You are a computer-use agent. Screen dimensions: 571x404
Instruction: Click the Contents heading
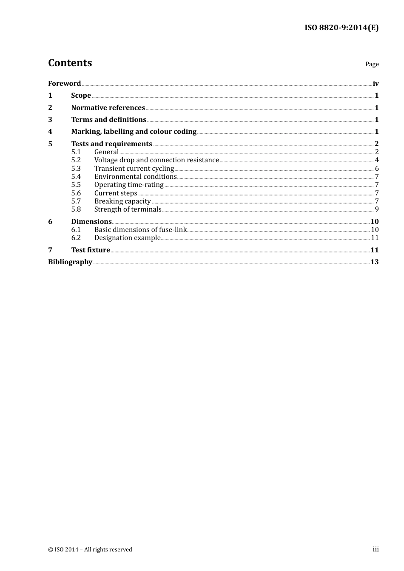click(x=70, y=63)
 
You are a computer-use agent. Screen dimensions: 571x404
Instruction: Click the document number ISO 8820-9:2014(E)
click(x=341, y=28)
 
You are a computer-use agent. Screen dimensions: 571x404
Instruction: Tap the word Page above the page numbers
click(x=372, y=64)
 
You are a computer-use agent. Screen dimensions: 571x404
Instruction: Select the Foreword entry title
click(x=64, y=84)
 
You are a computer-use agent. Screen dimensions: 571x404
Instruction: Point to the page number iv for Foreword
click(x=376, y=84)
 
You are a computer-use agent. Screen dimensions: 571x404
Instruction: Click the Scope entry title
click(x=81, y=96)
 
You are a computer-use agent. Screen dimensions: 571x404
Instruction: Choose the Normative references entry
click(x=108, y=108)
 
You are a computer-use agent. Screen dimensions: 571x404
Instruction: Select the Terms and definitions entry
click(x=108, y=120)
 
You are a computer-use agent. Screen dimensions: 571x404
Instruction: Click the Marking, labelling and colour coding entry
click(x=134, y=132)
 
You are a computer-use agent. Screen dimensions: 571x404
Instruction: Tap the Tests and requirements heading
click(x=111, y=144)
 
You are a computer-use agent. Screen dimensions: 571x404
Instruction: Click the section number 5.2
click(x=76, y=160)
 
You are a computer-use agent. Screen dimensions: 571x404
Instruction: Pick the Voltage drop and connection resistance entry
click(x=156, y=160)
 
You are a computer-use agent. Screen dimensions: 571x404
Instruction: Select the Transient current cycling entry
click(x=134, y=169)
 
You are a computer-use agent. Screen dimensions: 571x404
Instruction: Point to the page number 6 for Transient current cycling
click(x=377, y=169)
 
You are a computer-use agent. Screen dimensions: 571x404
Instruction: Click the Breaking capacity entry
click(x=122, y=201)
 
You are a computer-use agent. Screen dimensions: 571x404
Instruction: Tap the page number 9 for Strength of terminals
click(x=377, y=209)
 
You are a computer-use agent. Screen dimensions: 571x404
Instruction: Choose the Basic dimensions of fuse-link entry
click(x=140, y=230)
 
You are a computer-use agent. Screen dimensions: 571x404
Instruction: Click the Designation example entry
click(x=127, y=238)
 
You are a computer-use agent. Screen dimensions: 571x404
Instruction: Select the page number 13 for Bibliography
click(x=374, y=262)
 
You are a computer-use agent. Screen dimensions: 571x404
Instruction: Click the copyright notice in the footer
click(x=90, y=550)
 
